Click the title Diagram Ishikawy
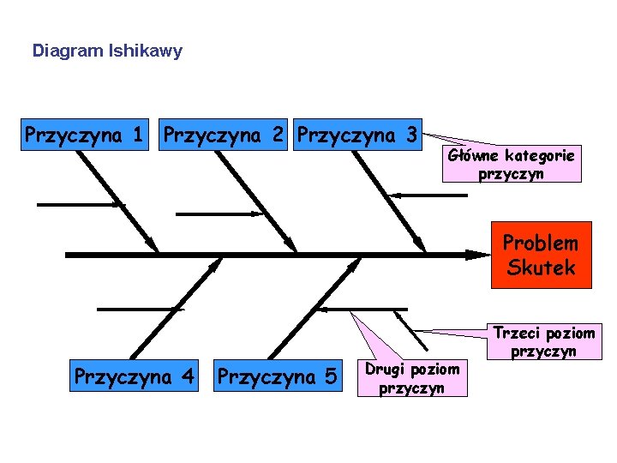click(x=107, y=51)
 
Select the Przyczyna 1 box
click(x=84, y=135)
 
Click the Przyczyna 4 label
click(x=135, y=376)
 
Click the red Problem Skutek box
click(x=540, y=256)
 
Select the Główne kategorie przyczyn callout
click(x=512, y=165)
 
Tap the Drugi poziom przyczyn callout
click(x=412, y=378)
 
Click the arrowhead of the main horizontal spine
click(x=476, y=255)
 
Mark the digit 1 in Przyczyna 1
click(x=137, y=135)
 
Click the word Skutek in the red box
click(x=541, y=268)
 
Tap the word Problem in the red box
click(x=541, y=244)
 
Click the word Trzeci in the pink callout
click(x=514, y=333)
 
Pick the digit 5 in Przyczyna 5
click(x=331, y=376)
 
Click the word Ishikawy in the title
click(x=145, y=51)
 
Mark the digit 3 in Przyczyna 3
click(x=411, y=135)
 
